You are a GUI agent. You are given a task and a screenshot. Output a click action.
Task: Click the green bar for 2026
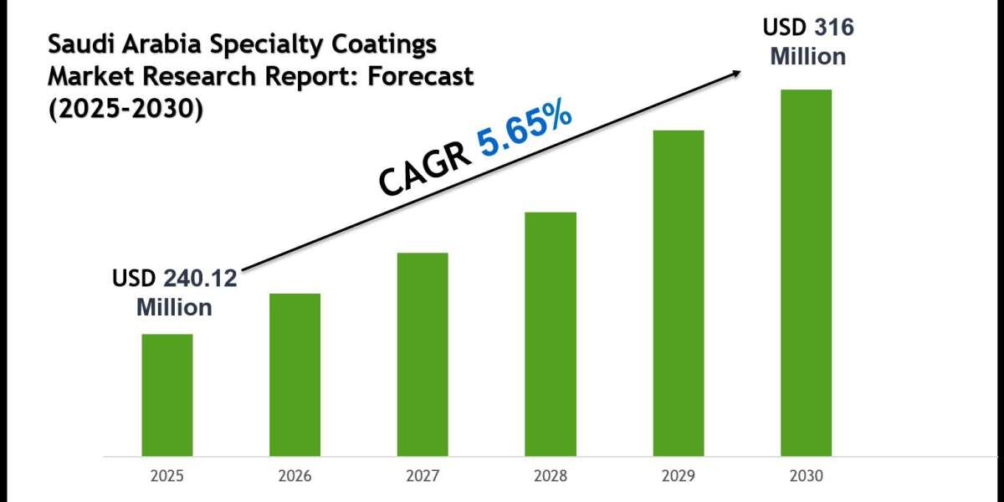coord(295,375)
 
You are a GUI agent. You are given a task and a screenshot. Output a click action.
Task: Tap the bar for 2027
coord(423,355)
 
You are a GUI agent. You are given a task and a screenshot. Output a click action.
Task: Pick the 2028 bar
coord(551,334)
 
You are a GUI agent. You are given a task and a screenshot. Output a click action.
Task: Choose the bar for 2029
coord(679,293)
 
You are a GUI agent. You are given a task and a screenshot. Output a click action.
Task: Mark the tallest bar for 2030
coord(807,273)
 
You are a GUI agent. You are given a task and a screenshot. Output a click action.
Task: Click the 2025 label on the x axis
coord(166,476)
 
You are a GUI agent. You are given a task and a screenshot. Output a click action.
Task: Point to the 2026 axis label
coord(295,476)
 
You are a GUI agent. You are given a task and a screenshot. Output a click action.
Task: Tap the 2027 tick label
coord(423,476)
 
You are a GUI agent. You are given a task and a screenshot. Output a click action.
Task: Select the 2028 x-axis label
coord(551,476)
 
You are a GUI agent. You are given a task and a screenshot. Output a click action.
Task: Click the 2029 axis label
coord(679,476)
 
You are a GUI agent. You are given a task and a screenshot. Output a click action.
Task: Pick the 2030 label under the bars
coord(807,476)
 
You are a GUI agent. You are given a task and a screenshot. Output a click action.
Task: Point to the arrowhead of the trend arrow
coord(737,73)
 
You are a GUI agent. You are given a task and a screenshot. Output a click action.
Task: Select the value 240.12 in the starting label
coord(200,279)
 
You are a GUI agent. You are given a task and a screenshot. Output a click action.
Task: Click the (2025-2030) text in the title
coord(125,108)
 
